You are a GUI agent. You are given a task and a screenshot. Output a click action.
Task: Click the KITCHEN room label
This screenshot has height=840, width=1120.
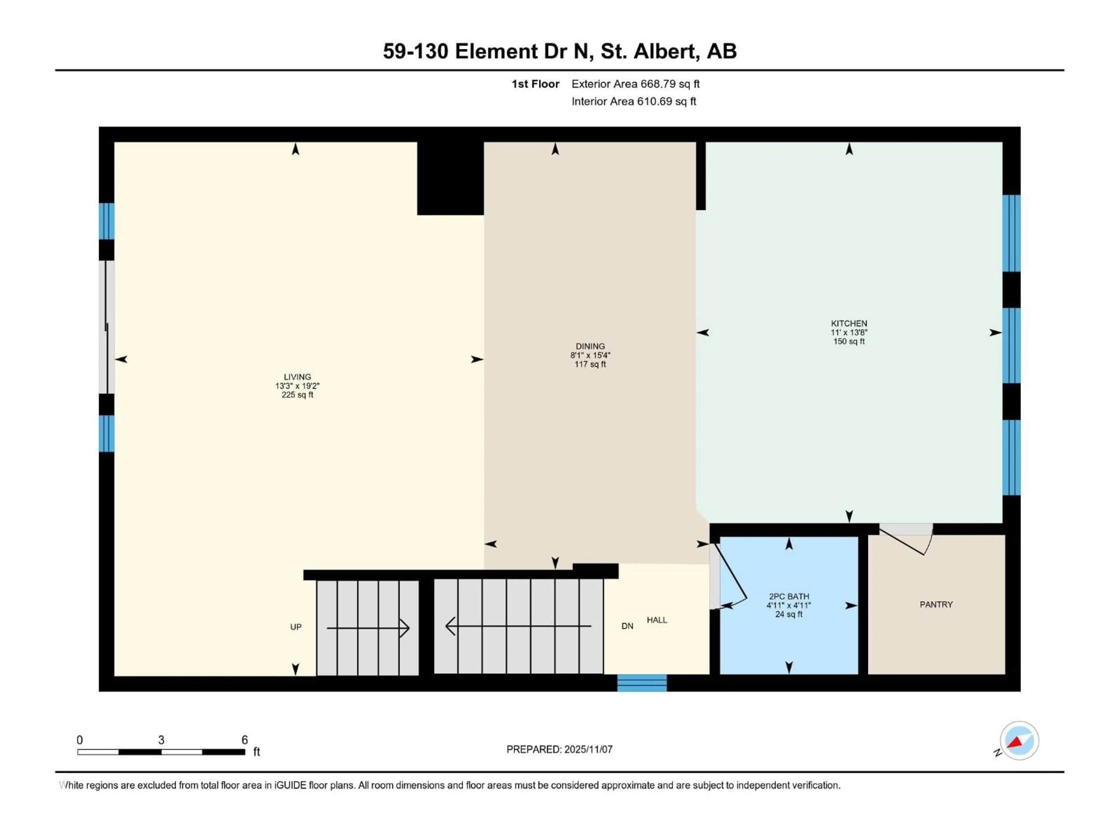coord(849,323)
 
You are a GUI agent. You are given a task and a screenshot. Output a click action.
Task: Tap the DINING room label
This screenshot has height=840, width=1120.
coord(590,346)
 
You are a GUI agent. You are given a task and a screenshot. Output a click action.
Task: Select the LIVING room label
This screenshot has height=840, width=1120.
coord(297,377)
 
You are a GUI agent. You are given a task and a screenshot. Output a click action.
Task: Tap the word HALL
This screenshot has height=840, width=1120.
coord(657,620)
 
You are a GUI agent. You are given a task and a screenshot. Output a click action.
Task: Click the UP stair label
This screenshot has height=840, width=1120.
coord(296,627)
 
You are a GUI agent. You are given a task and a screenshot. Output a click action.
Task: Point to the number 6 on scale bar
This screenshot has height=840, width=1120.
coord(244,740)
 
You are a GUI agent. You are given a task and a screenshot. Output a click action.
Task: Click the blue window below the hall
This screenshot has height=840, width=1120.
coord(641,683)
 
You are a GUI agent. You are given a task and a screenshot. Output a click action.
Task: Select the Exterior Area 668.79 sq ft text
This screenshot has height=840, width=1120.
coord(636,84)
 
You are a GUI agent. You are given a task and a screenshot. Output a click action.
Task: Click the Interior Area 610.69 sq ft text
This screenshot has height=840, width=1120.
coord(633,101)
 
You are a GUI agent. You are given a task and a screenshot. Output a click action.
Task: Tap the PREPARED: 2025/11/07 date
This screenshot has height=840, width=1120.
coord(559,749)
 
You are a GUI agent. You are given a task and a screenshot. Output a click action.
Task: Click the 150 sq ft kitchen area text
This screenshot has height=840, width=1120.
coord(849,341)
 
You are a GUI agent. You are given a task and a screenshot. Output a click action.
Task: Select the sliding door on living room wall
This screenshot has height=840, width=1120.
coord(107,327)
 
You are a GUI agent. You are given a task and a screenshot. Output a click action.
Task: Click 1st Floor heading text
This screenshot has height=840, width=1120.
coord(535,84)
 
